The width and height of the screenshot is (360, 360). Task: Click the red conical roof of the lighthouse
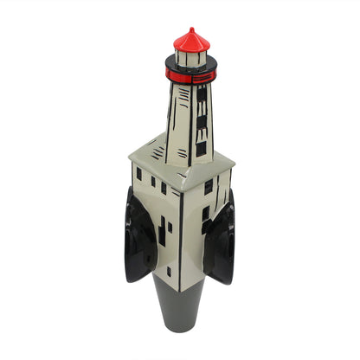point(192,42)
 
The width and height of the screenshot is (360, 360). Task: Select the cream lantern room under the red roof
point(191,58)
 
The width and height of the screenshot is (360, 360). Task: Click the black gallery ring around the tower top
point(190,67)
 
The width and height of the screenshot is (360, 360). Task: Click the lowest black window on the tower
point(201,148)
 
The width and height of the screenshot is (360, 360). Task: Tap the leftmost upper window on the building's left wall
point(138,174)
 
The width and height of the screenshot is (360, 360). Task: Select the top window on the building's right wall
point(208,186)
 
